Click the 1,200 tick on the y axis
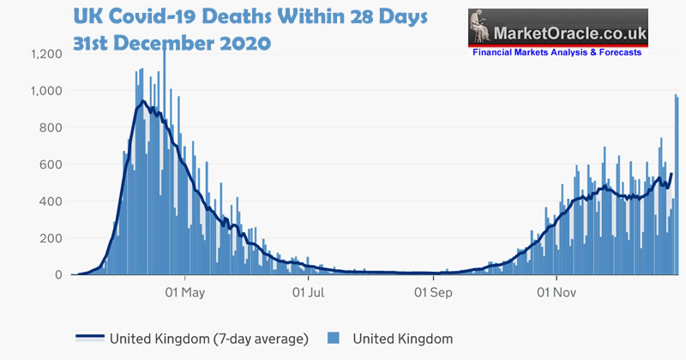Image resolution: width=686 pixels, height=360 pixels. [46, 54]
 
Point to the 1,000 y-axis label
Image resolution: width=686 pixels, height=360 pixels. [46, 91]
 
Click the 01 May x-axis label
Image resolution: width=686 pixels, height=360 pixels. [185, 292]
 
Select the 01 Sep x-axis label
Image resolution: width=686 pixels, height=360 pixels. [433, 292]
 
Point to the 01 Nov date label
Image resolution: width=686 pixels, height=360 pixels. [556, 292]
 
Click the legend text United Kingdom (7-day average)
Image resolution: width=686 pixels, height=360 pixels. [209, 339]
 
